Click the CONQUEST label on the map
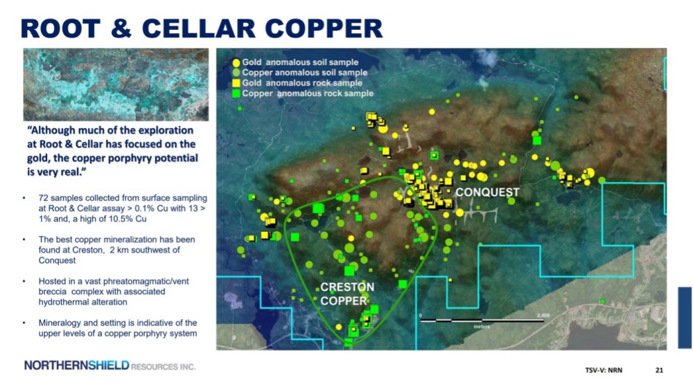[487, 192]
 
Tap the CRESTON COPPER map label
[347, 294]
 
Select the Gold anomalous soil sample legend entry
[296, 62]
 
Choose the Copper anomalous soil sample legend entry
[300, 73]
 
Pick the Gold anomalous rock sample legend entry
[297, 83]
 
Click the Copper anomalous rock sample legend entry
[304, 93]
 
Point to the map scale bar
[482, 320]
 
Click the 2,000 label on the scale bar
[543, 315]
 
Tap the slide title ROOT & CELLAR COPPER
[202, 28]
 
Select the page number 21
[659, 370]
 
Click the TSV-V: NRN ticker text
[604, 370]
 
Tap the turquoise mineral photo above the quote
[116, 84]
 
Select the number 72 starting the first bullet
[43, 198]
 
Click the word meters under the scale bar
[482, 327]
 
